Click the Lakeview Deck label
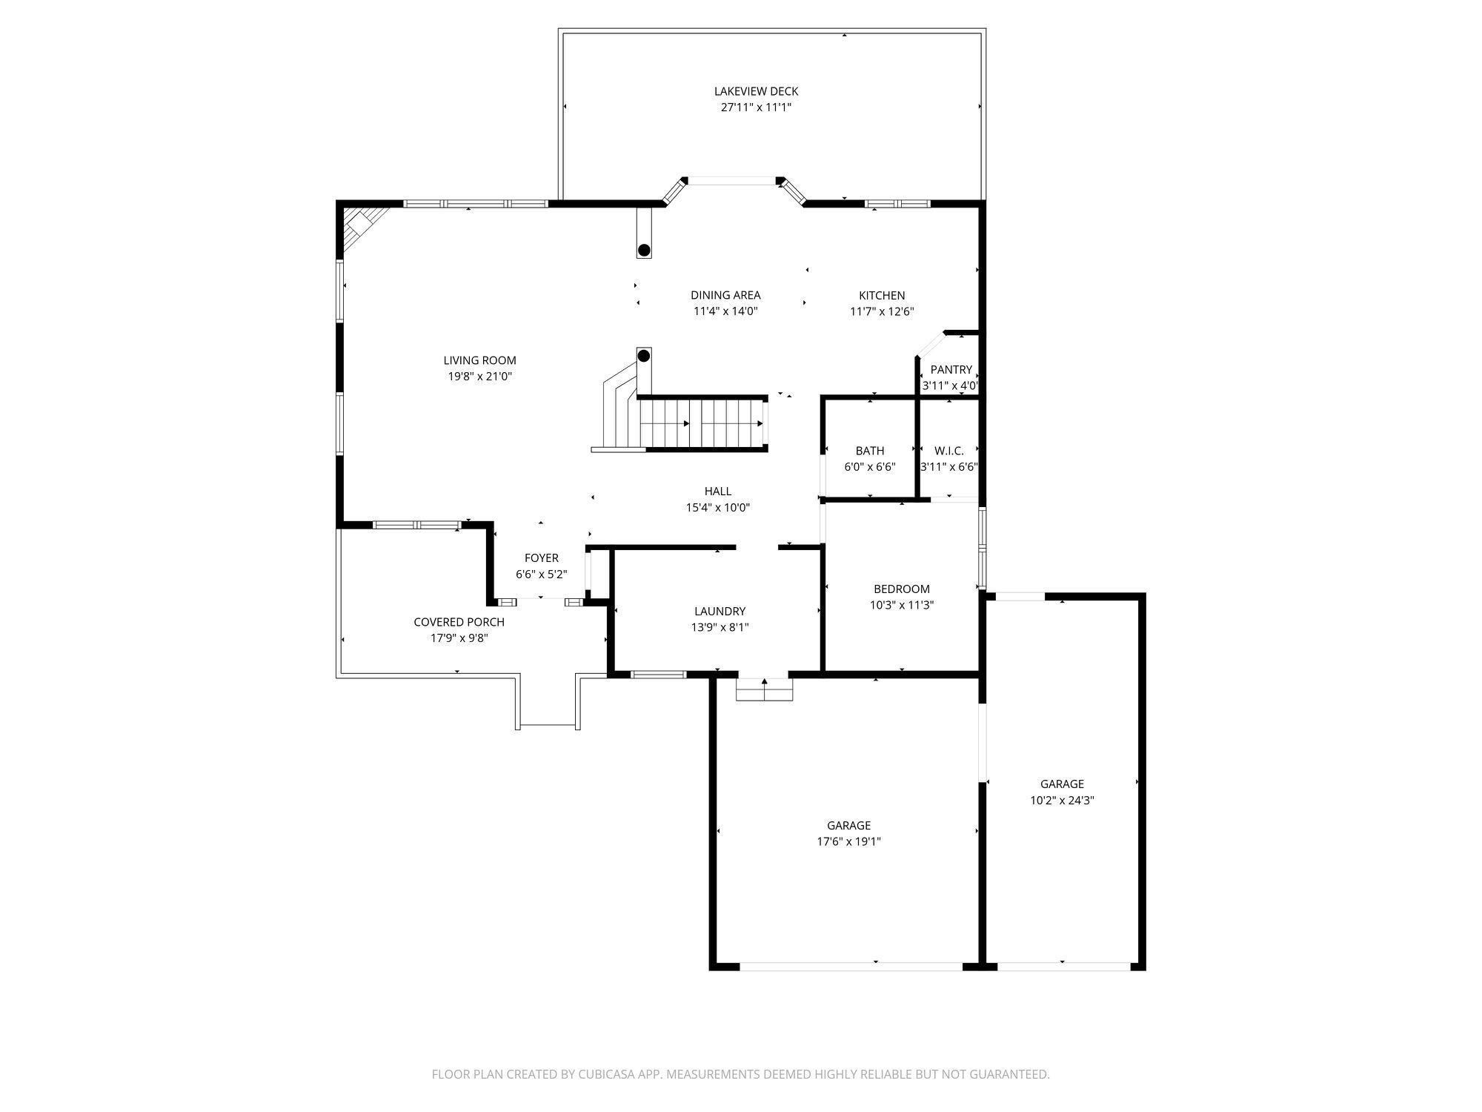coord(756,91)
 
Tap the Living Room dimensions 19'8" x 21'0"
coord(479,377)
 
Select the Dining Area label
coord(725,295)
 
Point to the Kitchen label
coord(882,295)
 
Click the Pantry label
coord(951,369)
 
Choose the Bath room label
coord(870,451)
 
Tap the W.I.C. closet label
coord(949,451)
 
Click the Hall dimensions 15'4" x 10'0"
coord(718,508)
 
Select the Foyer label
coord(542,558)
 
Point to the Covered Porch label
coord(459,622)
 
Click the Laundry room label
coord(720,612)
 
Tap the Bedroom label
coord(902,589)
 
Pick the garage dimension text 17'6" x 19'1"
coord(849,841)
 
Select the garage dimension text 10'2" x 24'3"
coord(1062,801)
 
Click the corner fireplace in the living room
coord(360,225)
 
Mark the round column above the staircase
coord(644,356)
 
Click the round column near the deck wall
coord(645,250)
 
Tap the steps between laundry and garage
coord(764,689)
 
